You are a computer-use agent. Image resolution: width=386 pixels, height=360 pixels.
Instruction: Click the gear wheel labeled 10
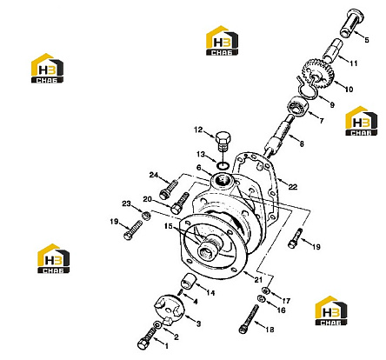317,72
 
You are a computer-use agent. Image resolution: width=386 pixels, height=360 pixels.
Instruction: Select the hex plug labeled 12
223,142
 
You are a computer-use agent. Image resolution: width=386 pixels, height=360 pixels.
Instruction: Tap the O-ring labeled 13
223,166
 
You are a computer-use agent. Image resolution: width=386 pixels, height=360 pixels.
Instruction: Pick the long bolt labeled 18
249,319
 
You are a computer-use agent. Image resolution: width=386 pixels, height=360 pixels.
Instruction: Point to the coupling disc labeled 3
168,308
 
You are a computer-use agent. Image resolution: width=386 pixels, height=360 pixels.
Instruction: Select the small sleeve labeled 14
190,282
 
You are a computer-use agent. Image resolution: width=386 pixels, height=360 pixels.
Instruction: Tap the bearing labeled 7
298,106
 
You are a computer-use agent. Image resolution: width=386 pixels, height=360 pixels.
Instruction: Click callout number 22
293,187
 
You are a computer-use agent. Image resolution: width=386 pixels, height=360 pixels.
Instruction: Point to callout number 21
258,280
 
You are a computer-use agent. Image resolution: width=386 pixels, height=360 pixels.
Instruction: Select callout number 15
169,226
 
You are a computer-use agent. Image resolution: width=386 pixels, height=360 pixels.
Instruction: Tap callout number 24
154,175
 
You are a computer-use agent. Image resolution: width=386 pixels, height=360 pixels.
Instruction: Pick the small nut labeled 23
145,216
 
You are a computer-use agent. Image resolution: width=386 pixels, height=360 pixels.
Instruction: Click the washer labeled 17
265,290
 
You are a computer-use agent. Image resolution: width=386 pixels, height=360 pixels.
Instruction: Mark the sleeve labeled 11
333,50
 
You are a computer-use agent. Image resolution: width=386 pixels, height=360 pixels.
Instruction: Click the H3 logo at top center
222,40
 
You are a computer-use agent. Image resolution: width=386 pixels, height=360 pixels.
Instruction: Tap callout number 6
199,168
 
